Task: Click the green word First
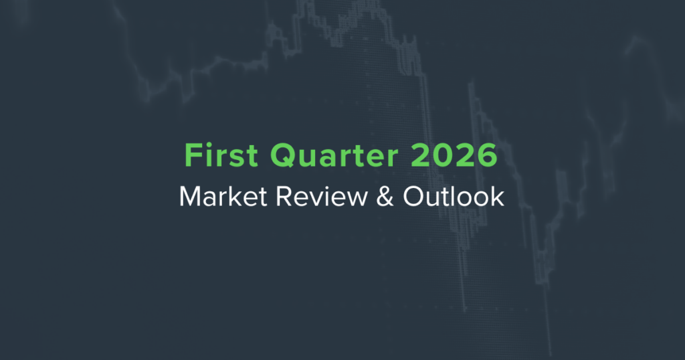221,155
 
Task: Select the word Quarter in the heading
334,155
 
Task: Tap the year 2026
454,155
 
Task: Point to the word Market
223,197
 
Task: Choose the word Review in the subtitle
322,197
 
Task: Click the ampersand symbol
385,197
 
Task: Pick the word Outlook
454,196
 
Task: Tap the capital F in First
193,155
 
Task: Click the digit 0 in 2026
443,155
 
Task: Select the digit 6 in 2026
487,155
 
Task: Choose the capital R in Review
284,197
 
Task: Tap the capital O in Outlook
414,197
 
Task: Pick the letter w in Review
358,199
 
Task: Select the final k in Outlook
498,196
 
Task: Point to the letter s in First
236,159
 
